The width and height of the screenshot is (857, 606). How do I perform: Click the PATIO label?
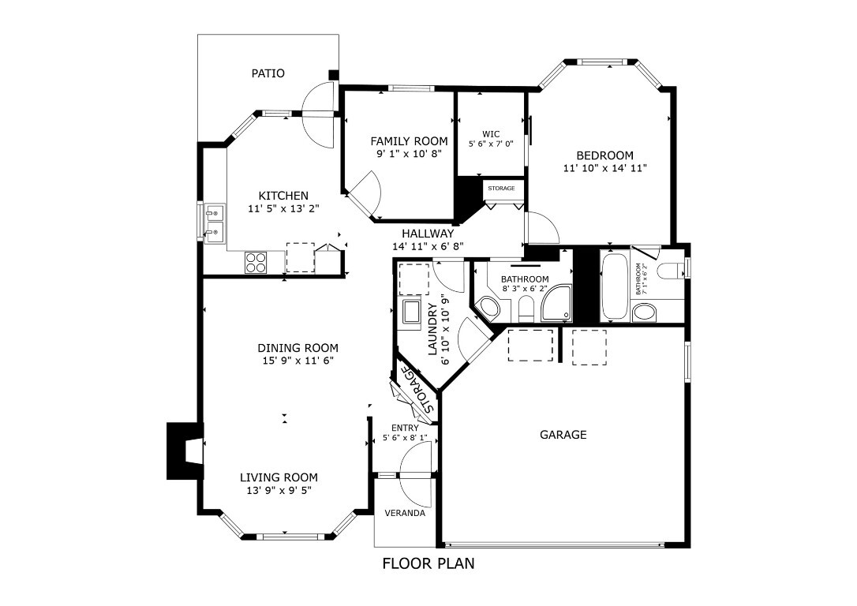tap(268, 73)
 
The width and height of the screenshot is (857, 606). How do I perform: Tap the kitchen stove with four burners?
tap(256, 262)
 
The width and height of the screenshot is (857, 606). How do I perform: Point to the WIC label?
tap(491, 133)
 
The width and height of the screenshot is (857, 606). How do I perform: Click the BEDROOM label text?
tap(604, 155)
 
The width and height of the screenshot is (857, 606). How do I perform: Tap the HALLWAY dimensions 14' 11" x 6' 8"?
tap(428, 246)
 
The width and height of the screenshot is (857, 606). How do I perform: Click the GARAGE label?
tap(563, 435)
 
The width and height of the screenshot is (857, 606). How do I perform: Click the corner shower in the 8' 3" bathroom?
tap(557, 305)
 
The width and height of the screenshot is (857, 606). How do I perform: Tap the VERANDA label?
tap(405, 513)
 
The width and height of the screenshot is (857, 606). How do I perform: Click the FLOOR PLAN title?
tap(428, 563)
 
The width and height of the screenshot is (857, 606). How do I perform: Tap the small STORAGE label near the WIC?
tap(501, 189)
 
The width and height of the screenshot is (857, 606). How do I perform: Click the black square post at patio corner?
tap(334, 75)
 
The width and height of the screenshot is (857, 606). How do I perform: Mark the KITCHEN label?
tap(283, 196)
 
